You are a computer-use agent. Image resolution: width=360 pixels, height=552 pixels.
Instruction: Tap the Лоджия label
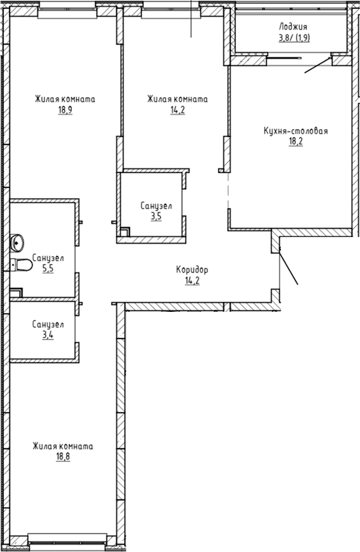pos(293,26)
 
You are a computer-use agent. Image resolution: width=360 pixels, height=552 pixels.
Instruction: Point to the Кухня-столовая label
pos(295,131)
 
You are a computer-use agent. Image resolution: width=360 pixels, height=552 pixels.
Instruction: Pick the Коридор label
pos(192,270)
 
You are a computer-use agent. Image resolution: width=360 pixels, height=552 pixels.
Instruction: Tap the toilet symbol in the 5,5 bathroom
pos(21,264)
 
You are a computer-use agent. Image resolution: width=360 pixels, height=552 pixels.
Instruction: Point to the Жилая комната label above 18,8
pos(63,446)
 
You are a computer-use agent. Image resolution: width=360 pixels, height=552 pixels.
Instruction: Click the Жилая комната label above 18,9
pos(65,99)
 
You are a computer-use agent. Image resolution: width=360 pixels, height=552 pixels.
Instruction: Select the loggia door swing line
pos(318,65)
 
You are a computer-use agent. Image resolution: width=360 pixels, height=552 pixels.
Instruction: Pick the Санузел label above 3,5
pos(156,206)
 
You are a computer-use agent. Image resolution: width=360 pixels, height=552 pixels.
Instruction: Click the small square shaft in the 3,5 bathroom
pos(125,232)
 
